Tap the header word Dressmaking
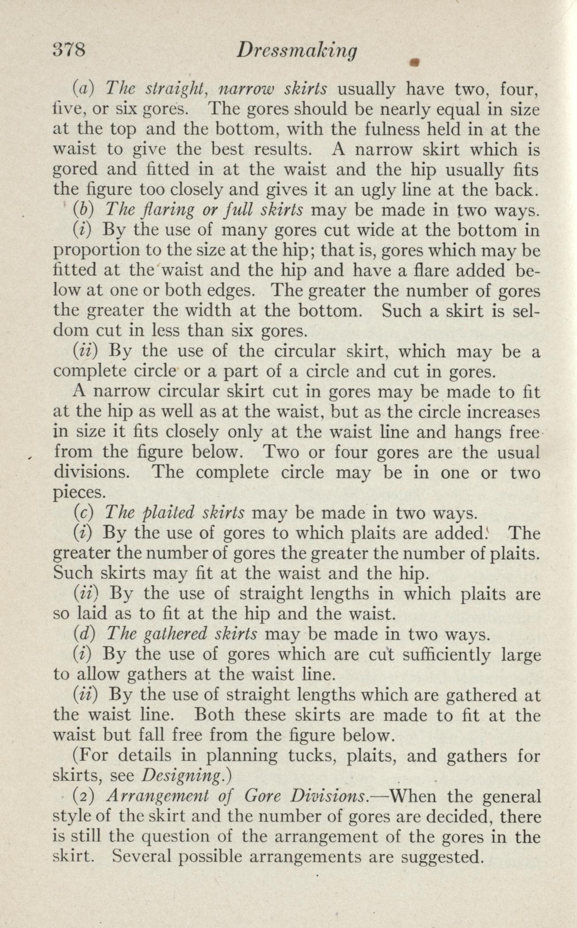click(x=297, y=52)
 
